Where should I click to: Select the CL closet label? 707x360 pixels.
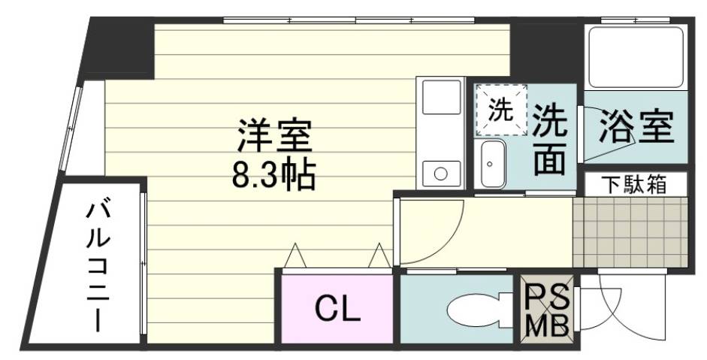(337, 307)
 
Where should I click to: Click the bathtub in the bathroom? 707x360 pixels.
(636, 57)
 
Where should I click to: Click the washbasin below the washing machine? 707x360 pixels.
(493, 164)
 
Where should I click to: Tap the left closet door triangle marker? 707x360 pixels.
(295, 256)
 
